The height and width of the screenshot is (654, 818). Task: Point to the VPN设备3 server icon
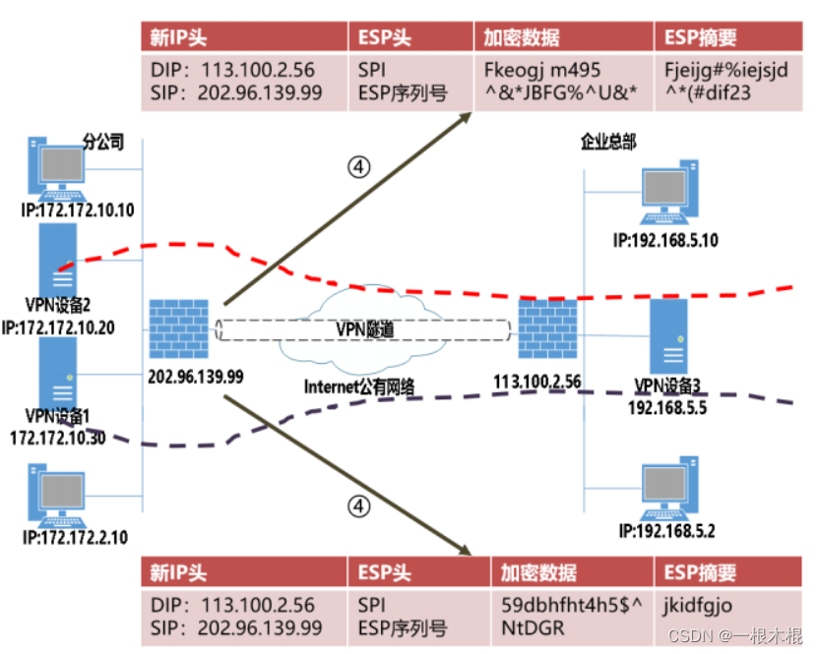coord(667,334)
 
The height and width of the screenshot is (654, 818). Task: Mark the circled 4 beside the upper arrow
coord(360,167)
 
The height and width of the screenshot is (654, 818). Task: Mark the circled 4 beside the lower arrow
coord(360,505)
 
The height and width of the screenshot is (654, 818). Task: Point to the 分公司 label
coord(104,143)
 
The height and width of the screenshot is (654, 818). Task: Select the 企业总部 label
coord(608,143)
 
